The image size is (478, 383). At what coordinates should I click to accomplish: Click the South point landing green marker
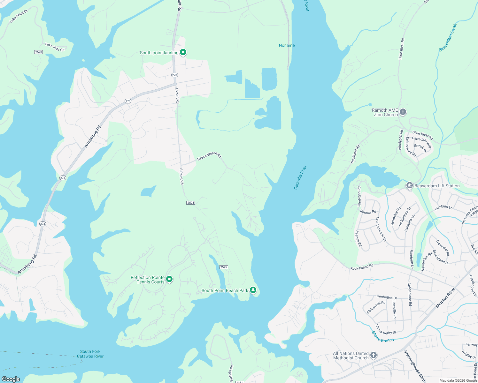(183, 52)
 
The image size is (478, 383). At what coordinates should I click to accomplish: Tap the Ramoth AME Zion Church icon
(403, 112)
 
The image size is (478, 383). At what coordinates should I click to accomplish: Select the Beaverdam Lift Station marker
(410, 185)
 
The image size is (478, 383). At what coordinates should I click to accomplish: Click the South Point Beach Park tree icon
(253, 290)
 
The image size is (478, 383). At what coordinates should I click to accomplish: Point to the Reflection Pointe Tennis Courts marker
(170, 279)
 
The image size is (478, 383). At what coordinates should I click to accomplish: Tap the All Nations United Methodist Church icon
(373, 355)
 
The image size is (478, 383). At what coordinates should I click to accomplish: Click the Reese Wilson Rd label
(209, 156)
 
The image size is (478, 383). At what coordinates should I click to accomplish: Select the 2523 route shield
(38, 52)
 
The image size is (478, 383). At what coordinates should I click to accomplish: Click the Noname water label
(287, 45)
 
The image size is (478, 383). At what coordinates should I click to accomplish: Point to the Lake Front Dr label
(19, 16)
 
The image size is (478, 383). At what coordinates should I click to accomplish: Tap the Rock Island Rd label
(362, 267)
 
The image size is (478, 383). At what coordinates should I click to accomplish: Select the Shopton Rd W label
(445, 298)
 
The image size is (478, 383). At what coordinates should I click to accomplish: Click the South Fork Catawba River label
(90, 354)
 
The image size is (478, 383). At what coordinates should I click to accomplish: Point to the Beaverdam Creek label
(448, 37)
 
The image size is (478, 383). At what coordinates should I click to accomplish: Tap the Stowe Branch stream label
(383, 337)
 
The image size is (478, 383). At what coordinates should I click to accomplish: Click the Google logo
(11, 379)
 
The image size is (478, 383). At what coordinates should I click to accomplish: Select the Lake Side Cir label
(55, 47)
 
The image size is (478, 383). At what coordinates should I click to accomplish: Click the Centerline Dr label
(387, 297)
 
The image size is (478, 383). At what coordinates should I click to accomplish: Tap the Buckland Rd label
(355, 154)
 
